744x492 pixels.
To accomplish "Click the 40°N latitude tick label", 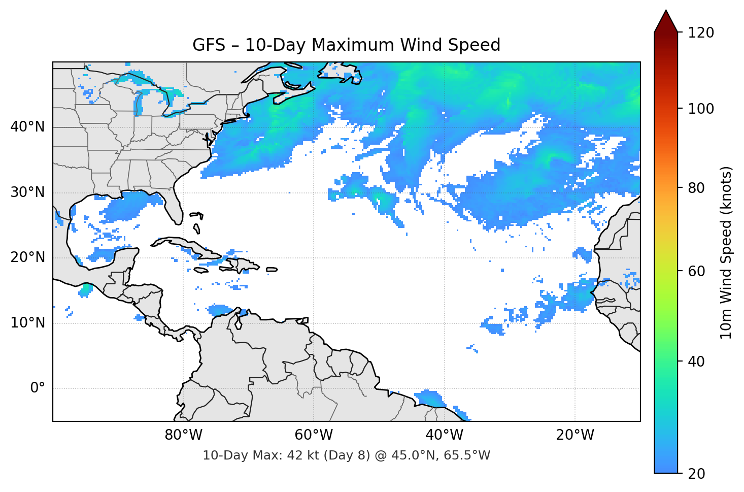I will point(27,127).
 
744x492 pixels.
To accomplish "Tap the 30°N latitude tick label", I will point(27,192).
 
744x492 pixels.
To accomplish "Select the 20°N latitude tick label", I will point(27,257).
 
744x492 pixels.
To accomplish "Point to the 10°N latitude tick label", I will point(27,323).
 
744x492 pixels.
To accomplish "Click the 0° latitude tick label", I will point(38,388).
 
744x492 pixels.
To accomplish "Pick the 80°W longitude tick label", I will point(183,435).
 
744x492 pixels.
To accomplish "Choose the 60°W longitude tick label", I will point(314,435).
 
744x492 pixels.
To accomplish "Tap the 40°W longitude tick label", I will point(444,435).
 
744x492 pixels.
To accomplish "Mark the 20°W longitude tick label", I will point(574,435).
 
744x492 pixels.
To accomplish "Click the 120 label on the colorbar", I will point(700,32).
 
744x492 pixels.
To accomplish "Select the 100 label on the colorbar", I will point(700,109).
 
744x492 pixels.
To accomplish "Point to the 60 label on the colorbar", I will point(696,271).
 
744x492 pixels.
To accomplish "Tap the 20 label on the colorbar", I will point(696,473).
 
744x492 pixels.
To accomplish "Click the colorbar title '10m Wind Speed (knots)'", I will point(726,252).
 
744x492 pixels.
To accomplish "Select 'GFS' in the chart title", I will point(209,45).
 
